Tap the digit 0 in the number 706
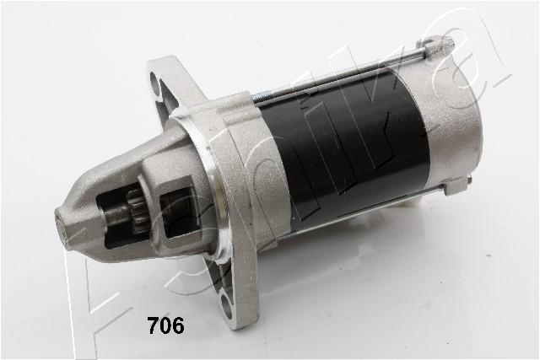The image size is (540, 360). tap(166, 326)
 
